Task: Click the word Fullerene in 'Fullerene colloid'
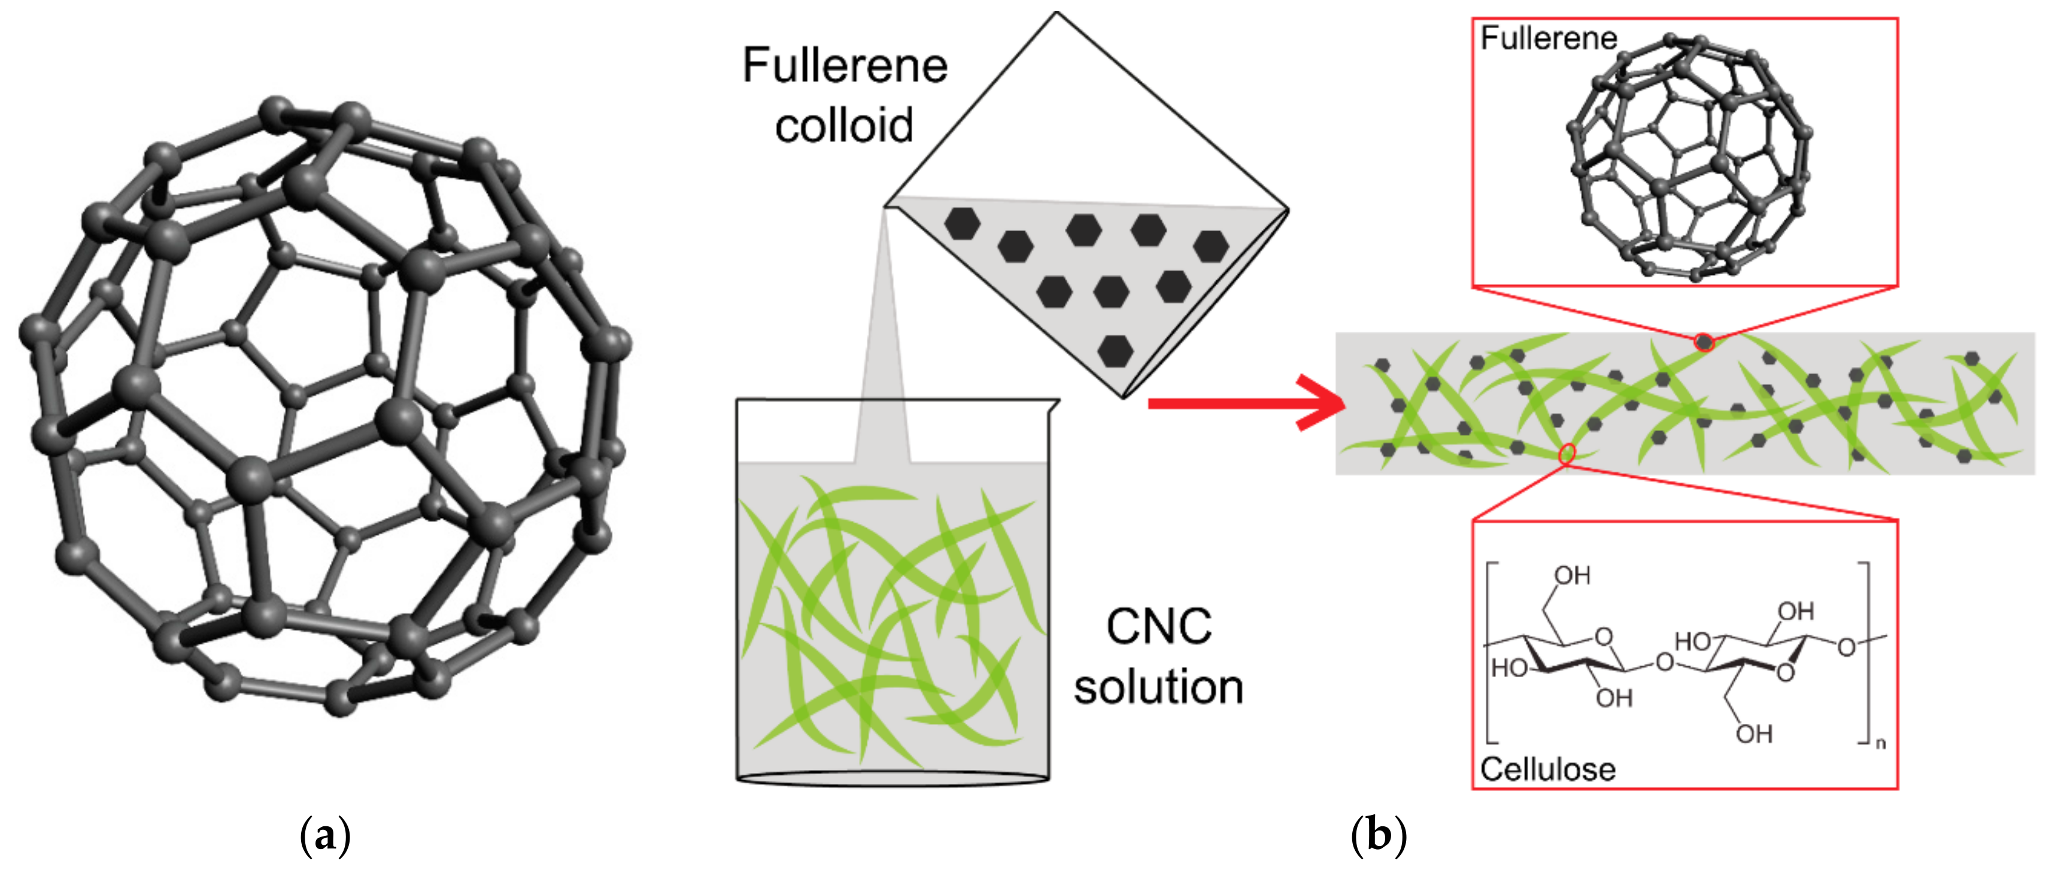click(x=844, y=65)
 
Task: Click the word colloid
click(x=844, y=126)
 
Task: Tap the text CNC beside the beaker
click(x=1158, y=627)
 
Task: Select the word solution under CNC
click(x=1158, y=688)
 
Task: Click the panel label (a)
click(x=324, y=836)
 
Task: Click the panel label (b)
click(x=1379, y=836)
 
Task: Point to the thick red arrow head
click(x=1324, y=403)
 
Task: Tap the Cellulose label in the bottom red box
click(x=1547, y=769)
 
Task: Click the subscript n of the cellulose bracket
click(x=1880, y=744)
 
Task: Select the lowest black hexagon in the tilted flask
click(x=1115, y=350)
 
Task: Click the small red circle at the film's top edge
click(x=1704, y=342)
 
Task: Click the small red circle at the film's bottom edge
click(x=1567, y=454)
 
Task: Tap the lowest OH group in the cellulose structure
click(x=1755, y=734)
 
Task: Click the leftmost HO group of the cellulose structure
click(x=1509, y=668)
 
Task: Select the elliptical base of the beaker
click(x=892, y=780)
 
